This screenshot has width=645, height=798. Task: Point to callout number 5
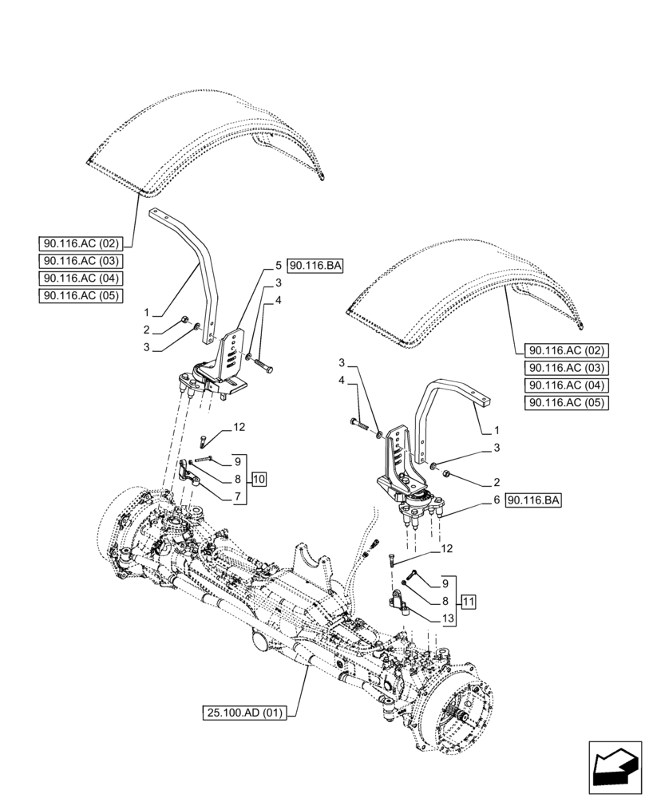tap(279, 265)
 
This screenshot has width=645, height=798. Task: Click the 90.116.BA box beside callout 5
tap(315, 266)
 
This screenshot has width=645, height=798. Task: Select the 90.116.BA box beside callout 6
tap(533, 500)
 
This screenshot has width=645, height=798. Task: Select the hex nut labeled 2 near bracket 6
tap(448, 477)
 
